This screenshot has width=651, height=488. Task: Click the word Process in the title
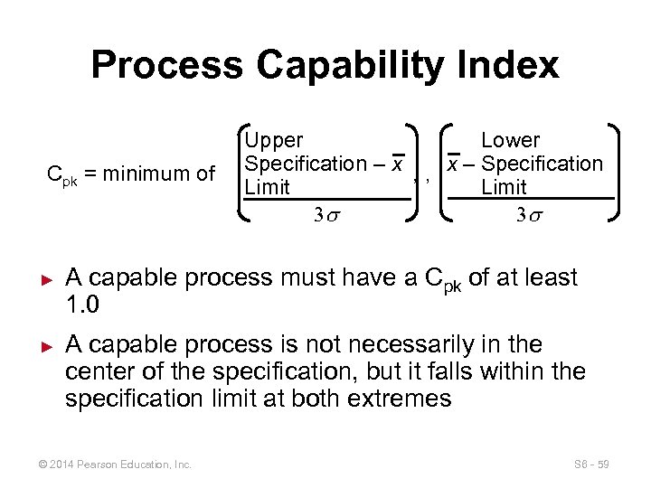point(165,66)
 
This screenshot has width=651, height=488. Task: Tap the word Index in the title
point(514,66)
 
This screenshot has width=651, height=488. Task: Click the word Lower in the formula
point(510,141)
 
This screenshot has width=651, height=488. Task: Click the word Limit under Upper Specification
point(268,187)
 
